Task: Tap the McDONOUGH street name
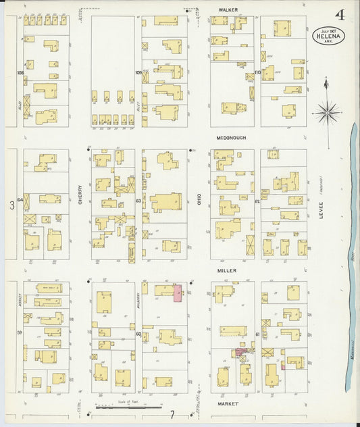[x=230, y=138]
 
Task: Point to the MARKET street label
[x=228, y=403]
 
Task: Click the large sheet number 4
[x=338, y=14]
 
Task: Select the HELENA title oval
[x=329, y=36]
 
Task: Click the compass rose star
[x=327, y=111]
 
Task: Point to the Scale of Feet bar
[x=128, y=407]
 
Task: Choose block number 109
[x=138, y=72]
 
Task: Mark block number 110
[x=257, y=72]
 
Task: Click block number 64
[x=20, y=200]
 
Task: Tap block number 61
[x=258, y=334]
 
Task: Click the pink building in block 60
[x=178, y=293]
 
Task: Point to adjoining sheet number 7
[x=172, y=414]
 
